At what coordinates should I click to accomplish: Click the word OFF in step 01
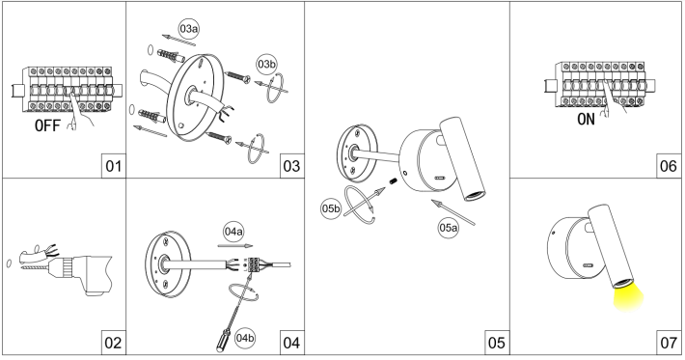coord(47,125)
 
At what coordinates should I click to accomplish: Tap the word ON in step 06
coord(586,120)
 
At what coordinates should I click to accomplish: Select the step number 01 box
coord(114,166)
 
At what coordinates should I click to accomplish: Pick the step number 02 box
coord(114,343)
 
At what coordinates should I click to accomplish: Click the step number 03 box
coord(291,166)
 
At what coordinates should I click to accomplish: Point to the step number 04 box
coord(291,343)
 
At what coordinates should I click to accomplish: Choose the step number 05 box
coord(497,343)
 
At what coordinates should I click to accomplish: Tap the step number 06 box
coord(669,166)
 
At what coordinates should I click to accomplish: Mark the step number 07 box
coord(669,343)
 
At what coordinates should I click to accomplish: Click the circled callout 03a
coord(189,29)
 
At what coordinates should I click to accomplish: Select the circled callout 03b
coord(266,65)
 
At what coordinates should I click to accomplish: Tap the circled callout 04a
coord(233,232)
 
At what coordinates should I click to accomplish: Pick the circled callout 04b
coord(245,338)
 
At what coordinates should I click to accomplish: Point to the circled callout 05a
coord(449,228)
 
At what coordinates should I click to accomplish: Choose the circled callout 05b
coord(331,208)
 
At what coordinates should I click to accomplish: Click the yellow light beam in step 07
coord(628,299)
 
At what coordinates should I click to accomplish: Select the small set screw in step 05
coord(393,180)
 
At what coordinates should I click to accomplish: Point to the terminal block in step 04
coord(254,264)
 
